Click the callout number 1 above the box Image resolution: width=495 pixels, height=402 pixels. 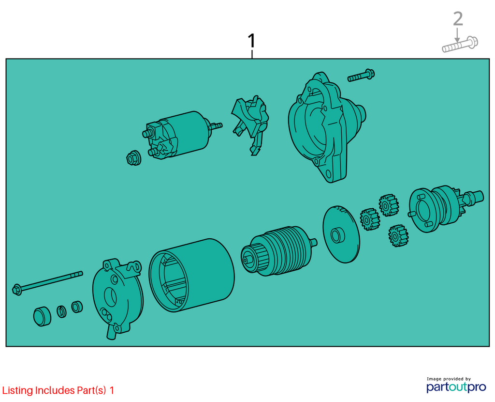(251, 41)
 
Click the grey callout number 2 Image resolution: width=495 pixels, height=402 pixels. (458, 19)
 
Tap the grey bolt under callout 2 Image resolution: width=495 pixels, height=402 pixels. (460, 45)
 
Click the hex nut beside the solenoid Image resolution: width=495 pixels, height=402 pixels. (133, 158)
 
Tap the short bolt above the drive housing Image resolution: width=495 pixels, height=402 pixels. (361, 75)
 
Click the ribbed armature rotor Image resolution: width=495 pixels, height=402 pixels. (278, 251)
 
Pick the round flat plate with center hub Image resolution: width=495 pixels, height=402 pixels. (341, 234)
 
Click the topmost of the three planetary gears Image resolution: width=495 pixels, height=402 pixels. (389, 205)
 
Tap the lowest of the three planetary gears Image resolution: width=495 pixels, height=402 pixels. (398, 236)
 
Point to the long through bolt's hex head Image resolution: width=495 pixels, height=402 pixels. (17, 290)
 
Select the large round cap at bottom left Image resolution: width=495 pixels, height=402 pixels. (42, 316)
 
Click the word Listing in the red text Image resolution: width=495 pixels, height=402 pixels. (18, 390)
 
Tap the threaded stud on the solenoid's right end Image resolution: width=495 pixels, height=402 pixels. (216, 126)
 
